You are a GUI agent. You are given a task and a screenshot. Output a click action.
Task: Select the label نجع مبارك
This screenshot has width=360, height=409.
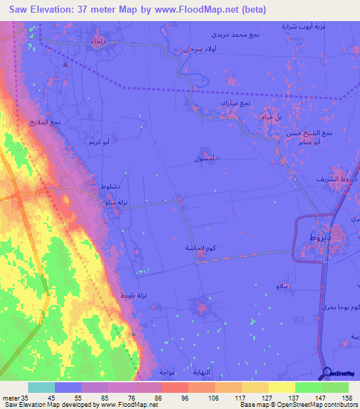tap(236, 103)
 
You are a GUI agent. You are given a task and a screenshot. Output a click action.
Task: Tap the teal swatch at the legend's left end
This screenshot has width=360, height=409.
tap(41, 387)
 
